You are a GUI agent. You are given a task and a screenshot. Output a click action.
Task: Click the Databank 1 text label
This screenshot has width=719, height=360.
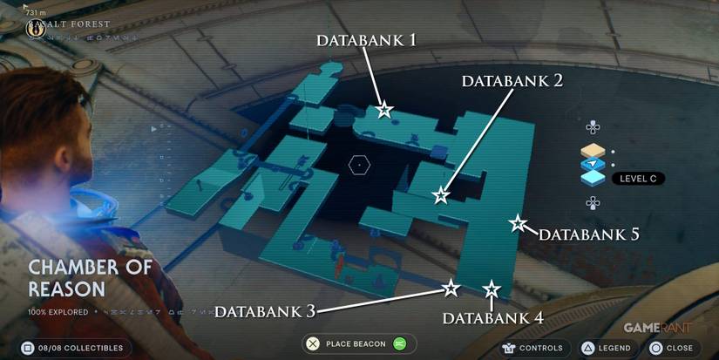coord(366,40)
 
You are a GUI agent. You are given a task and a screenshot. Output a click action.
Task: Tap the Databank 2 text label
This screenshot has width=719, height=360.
coord(512,81)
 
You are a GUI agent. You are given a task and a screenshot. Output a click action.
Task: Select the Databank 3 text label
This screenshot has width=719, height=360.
coord(265,311)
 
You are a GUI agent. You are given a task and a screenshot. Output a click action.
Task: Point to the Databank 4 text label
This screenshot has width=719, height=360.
coord(493,318)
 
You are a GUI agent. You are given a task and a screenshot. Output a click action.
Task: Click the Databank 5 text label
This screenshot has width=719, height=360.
coord(589,234)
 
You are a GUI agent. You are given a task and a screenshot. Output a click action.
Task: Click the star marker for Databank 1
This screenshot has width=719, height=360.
coord(384,110)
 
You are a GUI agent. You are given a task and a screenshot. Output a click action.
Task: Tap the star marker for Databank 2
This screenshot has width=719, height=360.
coord(442,195)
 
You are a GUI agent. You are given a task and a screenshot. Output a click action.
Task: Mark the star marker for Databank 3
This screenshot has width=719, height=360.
coord(451,288)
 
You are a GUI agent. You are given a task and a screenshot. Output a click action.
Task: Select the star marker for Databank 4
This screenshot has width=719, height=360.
coord(492,289)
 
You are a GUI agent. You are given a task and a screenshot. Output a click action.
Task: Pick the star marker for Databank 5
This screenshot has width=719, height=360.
coord(518,224)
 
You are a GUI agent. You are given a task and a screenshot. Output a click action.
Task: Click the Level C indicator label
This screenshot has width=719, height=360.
coord(639,179)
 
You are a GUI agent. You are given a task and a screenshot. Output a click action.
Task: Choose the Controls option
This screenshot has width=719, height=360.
coord(533,348)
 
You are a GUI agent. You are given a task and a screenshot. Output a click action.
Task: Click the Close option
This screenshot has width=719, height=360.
coord(670,348)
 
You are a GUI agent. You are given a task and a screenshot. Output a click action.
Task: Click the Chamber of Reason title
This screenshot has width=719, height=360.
coord(90,278)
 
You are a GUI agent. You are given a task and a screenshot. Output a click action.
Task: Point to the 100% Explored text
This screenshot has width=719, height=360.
coord(58,311)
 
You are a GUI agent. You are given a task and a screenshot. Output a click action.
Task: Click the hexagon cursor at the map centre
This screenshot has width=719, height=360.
coord(358,164)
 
